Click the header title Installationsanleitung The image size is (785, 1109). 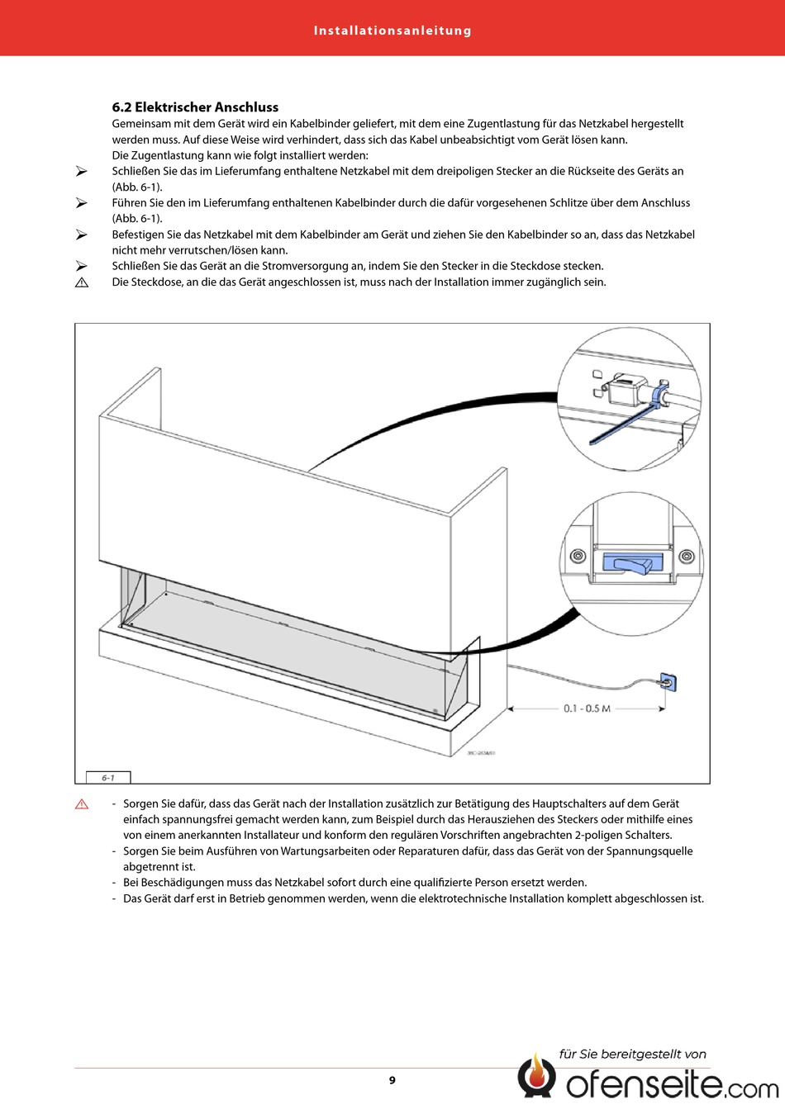[392, 31]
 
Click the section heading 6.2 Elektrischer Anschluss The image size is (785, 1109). [195, 107]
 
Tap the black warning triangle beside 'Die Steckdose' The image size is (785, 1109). [82, 282]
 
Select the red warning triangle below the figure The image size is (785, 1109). [82, 804]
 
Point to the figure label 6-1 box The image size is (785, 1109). [108, 777]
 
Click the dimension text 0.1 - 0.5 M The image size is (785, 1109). [587, 709]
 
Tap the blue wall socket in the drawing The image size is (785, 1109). [668, 682]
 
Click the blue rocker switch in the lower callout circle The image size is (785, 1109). [633, 563]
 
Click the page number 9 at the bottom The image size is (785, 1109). [392, 1080]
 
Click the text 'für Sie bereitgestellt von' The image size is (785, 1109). [633, 1054]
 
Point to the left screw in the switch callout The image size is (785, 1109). [578, 556]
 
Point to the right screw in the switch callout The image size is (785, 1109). [686, 556]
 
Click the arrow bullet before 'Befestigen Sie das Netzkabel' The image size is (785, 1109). [82, 235]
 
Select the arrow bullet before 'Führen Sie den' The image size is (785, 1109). [82, 203]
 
